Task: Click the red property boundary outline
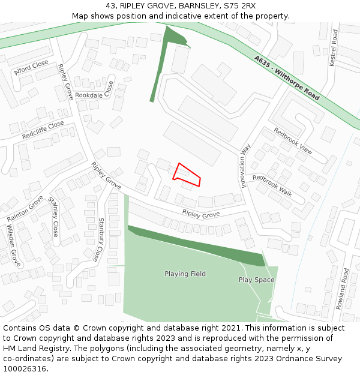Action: pyautogui.click(x=187, y=173)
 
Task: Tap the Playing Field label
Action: pyautogui.click(x=185, y=274)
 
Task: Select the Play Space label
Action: pyautogui.click(x=256, y=280)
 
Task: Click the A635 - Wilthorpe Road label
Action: pyautogui.click(x=287, y=77)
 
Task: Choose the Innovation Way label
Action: pyautogui.click(x=245, y=165)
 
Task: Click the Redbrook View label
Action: pyautogui.click(x=293, y=141)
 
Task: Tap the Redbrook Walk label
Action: pyautogui.click(x=272, y=185)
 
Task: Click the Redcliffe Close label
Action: pyautogui.click(x=43, y=130)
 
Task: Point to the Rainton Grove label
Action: pyautogui.click(x=25, y=208)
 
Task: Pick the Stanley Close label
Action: pyautogui.click(x=54, y=217)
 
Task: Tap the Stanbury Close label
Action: pyautogui.click(x=100, y=240)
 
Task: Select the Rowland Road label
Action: pyautogui.click(x=342, y=289)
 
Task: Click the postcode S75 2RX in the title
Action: pyautogui.click(x=239, y=5)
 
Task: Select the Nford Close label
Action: pyautogui.click(x=31, y=67)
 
